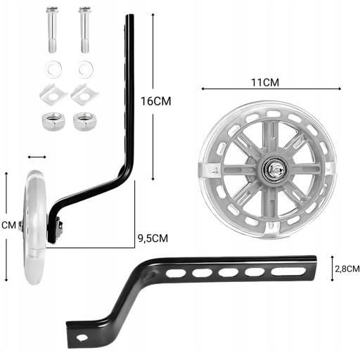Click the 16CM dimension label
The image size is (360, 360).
click(156, 101)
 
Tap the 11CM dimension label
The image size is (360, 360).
click(265, 82)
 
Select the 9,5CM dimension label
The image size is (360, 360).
click(153, 238)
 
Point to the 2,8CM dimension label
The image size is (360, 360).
click(347, 269)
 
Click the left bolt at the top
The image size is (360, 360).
click(52, 30)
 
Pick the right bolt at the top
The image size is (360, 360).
click(84, 30)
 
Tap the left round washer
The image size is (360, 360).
click(53, 70)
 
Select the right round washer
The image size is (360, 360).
click(84, 70)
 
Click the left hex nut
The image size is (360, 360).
click(53, 121)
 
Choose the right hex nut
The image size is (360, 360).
click(84, 121)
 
